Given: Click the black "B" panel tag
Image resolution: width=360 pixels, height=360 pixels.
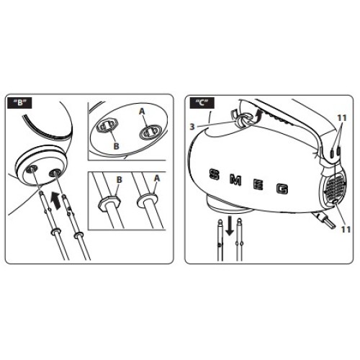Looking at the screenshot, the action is point(20,103).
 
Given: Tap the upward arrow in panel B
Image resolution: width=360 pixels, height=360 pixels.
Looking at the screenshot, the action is point(56,200).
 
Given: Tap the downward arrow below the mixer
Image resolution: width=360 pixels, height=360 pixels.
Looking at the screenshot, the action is point(230,226).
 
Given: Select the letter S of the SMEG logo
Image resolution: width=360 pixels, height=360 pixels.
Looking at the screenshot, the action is point(215,174).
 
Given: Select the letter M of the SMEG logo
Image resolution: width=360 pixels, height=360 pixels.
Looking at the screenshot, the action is point(235,180).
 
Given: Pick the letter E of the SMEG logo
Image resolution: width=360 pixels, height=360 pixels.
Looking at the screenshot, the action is point(258,185).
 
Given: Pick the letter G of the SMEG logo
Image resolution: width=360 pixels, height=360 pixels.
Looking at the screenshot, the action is point(282,189).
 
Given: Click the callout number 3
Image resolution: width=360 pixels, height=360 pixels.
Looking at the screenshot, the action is point(192,127).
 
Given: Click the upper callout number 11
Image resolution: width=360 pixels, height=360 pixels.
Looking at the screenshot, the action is point(342,118).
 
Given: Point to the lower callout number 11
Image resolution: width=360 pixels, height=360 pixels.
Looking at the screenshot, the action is point(346,230).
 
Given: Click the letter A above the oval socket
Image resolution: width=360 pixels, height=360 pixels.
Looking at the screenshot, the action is point(142,112).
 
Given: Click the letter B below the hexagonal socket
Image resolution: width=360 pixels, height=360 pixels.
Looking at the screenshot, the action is point(116,146).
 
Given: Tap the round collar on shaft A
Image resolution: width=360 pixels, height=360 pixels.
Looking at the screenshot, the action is point(147,201).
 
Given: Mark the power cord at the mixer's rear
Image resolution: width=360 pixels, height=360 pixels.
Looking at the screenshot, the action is point(323,219).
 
